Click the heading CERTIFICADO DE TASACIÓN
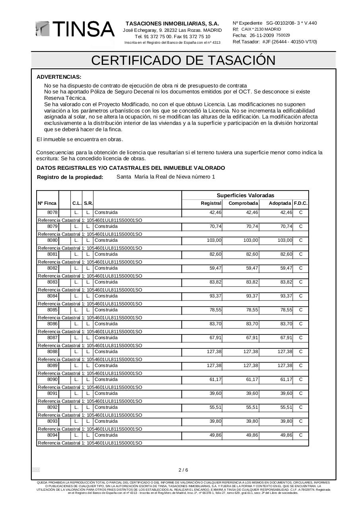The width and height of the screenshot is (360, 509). [183, 60]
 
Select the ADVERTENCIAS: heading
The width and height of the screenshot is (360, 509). [59, 77]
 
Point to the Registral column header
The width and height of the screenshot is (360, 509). [211, 204]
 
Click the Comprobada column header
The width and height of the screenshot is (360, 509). [243, 204]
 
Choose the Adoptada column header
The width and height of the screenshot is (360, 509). [280, 204]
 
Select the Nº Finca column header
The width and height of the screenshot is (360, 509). [47, 204]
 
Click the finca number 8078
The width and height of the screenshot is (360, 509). [53, 213]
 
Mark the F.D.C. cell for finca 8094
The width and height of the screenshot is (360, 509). [301, 435]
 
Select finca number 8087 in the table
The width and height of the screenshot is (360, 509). [53, 338]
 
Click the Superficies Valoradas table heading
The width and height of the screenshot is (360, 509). [245, 195]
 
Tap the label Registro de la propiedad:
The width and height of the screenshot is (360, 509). [70, 177]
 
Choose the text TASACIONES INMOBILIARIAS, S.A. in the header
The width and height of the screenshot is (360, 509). [172, 24]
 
